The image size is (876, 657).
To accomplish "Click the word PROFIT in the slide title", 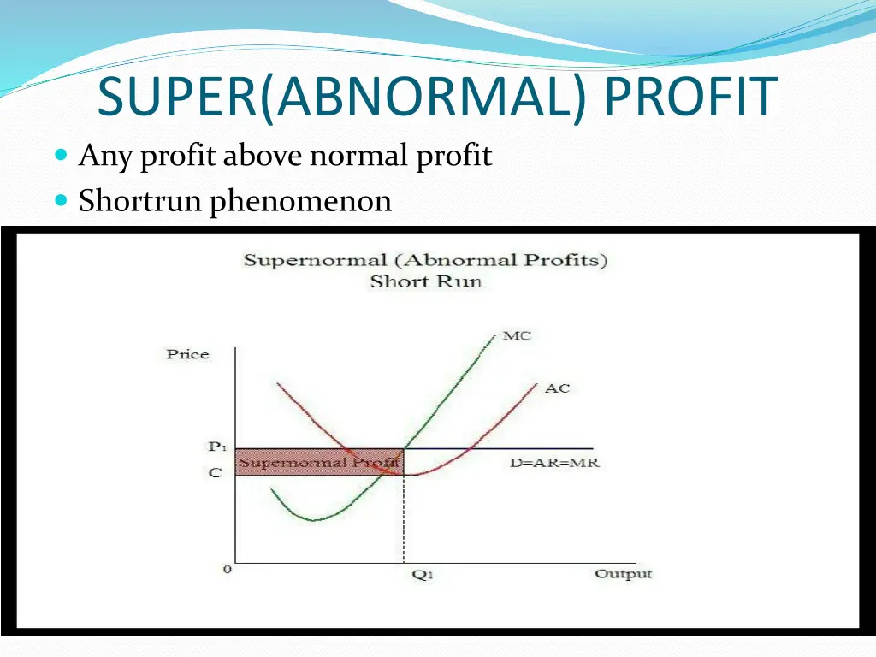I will (690, 98).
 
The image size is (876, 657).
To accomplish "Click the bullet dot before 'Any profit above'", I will (61, 157).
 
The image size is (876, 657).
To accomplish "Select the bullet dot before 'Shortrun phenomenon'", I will (61, 202).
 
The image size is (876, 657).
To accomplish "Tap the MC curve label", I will (517, 335).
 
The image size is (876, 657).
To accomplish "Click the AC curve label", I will (557, 388).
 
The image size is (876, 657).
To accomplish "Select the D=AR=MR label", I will (560, 463).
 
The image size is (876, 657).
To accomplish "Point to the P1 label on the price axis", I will (216, 447).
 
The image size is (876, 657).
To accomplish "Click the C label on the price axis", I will (216, 473).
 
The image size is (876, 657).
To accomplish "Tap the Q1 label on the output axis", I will (423, 575).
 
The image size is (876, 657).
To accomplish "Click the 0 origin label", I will (228, 569).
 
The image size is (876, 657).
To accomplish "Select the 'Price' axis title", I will (187, 354).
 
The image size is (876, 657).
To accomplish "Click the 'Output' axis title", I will (623, 573).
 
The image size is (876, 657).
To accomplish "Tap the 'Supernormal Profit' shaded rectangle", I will (318, 462).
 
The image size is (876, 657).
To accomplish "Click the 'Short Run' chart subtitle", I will (425, 281).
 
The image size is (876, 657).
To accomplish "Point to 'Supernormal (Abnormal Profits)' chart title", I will (425, 260).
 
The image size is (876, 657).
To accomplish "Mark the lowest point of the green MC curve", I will (313, 519).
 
